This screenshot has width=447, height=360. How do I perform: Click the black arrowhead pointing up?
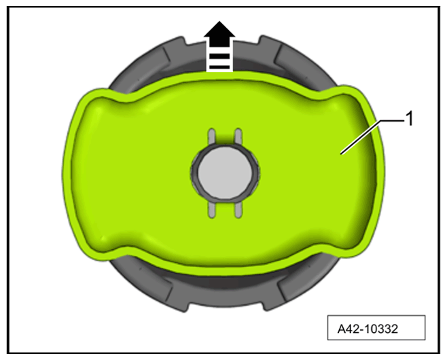[x=219, y=31]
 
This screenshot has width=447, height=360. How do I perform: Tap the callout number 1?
[x=409, y=119]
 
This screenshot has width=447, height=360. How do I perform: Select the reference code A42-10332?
[x=368, y=329]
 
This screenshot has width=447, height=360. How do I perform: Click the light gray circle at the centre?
[x=225, y=172]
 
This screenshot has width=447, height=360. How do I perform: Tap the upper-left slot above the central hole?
[x=212, y=136]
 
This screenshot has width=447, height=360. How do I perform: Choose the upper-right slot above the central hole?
[x=238, y=136]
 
